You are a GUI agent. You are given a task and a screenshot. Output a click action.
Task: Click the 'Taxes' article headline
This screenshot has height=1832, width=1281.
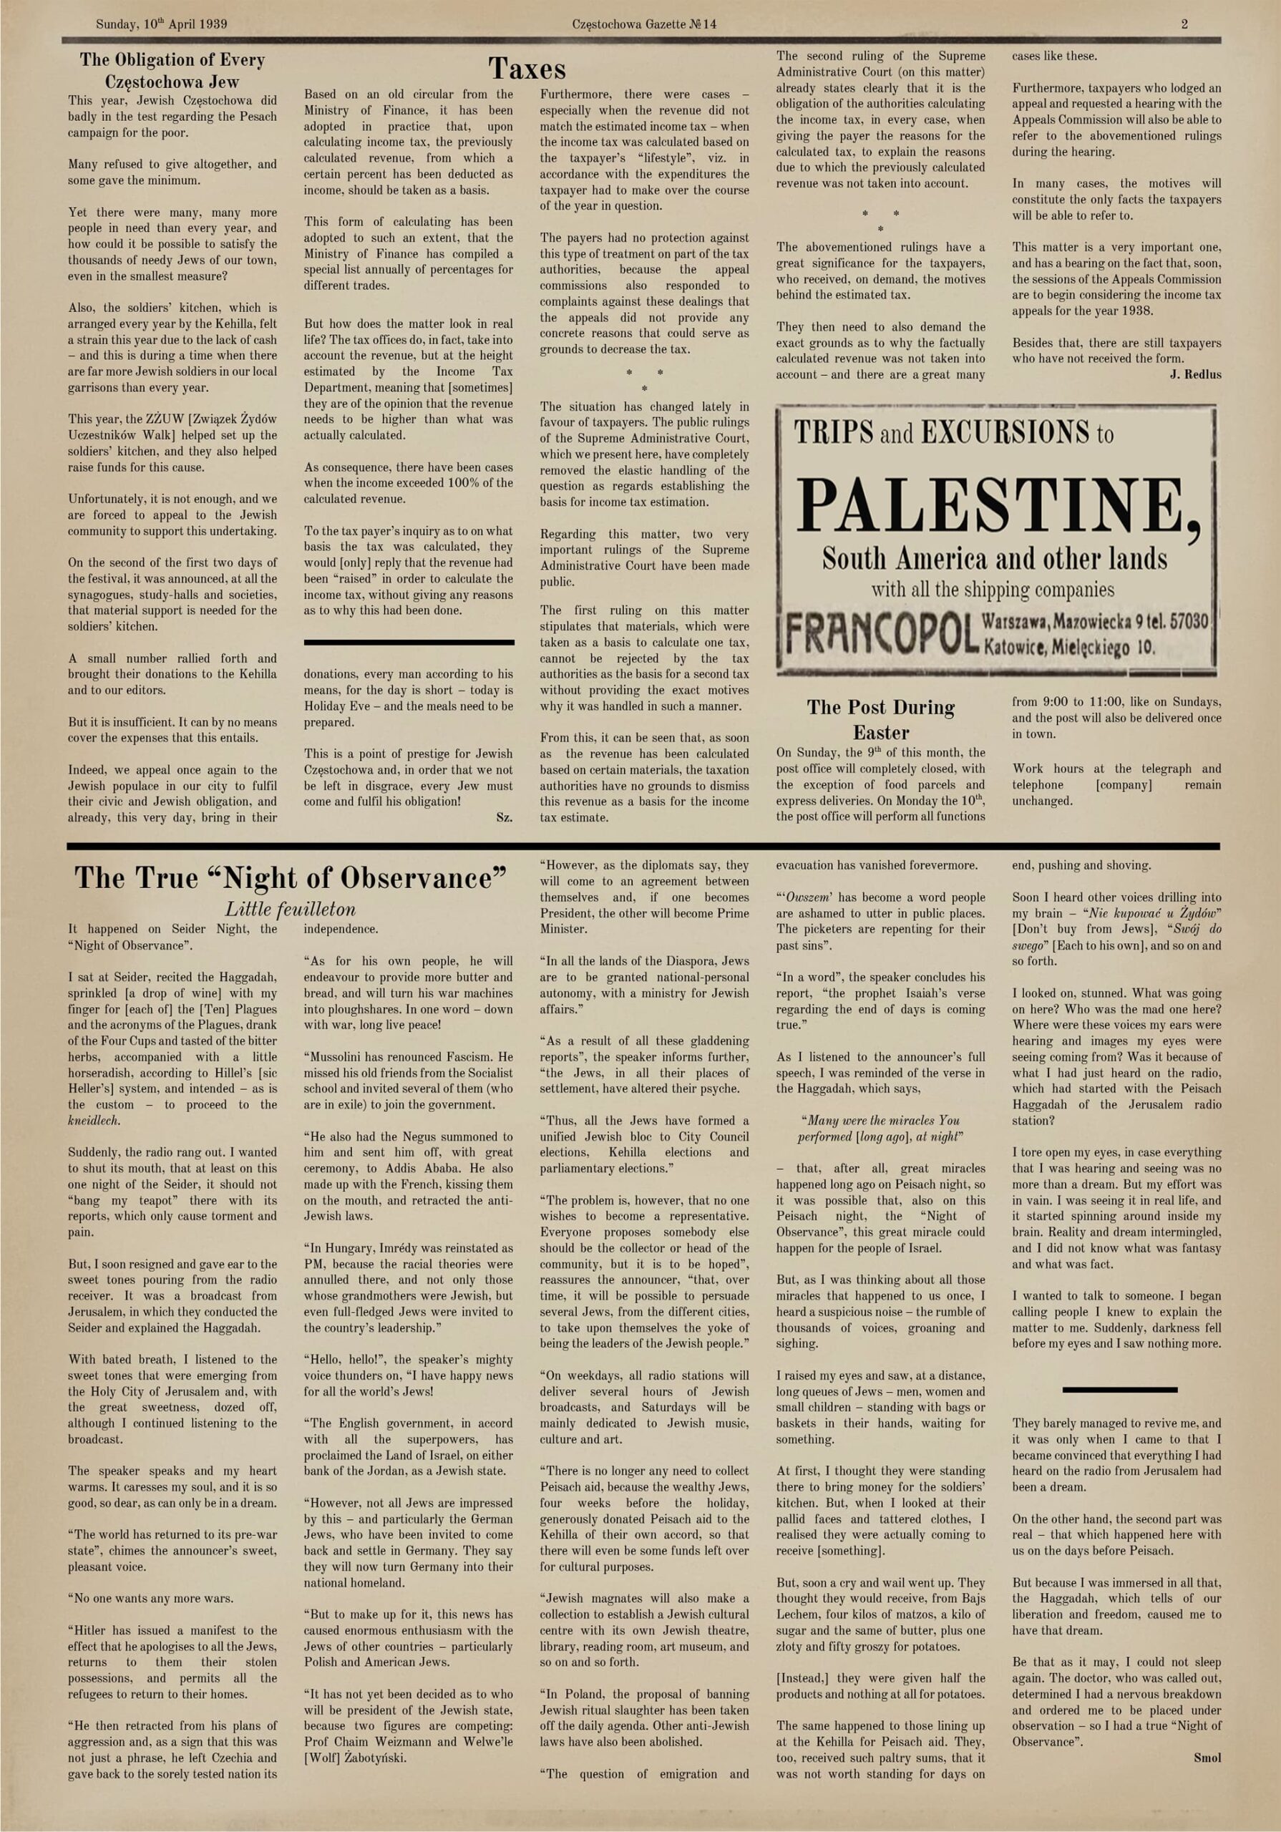coord(527,69)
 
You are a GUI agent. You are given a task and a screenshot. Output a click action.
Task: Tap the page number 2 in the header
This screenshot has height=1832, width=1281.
coord(1184,24)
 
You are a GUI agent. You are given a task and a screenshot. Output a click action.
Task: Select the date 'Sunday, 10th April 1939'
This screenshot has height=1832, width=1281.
coord(161,24)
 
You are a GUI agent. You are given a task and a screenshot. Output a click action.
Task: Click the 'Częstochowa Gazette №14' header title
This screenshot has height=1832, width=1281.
coord(644,24)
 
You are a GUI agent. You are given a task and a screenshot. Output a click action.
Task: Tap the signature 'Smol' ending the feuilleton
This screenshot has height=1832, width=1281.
coord(1207,1758)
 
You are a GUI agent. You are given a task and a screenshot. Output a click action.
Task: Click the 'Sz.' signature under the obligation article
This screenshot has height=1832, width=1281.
coord(505,817)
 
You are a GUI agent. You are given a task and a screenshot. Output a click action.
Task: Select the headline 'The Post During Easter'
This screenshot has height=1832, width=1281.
coord(880,719)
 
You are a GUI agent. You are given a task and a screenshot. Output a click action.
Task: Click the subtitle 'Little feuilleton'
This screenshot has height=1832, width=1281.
coord(291,909)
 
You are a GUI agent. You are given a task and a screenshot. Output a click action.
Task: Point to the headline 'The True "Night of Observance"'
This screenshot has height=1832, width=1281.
coord(291,877)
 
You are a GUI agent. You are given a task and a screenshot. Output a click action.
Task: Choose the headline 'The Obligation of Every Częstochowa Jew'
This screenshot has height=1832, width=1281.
coord(172,70)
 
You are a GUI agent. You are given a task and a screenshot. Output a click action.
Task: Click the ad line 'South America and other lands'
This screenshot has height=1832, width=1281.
coord(995,557)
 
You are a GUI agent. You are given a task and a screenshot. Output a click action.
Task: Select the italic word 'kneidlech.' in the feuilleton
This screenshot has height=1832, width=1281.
coord(93,1120)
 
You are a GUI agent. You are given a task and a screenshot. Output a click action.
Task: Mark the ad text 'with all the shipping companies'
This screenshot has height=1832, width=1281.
coord(992,590)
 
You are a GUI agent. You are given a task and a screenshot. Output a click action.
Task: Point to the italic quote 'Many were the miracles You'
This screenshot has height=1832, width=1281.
coord(880,1120)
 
